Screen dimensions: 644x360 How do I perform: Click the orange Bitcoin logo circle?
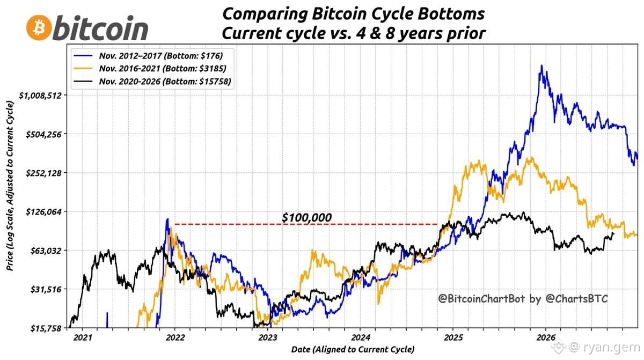point(39,28)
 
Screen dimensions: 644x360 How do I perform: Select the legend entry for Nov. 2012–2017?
point(148,56)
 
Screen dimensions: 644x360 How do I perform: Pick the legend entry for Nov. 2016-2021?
point(150,68)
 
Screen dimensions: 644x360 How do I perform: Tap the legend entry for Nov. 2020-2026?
point(152,82)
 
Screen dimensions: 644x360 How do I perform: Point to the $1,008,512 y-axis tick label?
point(41,95)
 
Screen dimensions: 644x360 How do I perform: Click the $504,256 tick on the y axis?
point(43,134)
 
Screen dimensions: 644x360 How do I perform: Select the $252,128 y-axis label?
point(43,173)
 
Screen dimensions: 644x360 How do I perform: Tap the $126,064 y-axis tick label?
point(43,212)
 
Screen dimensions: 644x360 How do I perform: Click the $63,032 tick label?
point(46,251)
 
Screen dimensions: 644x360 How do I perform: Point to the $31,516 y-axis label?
point(46,289)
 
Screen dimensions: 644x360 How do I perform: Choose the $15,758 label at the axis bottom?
point(46,328)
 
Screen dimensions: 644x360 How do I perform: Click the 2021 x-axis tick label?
point(83,337)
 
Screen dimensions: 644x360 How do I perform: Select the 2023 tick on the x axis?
point(268,337)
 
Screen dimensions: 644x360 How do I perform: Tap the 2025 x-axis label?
point(453,337)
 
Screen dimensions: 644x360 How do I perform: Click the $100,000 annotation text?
point(307,217)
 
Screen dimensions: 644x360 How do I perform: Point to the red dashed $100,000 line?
point(306,224)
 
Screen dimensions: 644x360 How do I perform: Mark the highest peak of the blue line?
point(541,65)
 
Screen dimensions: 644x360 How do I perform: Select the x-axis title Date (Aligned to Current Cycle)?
point(353,349)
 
